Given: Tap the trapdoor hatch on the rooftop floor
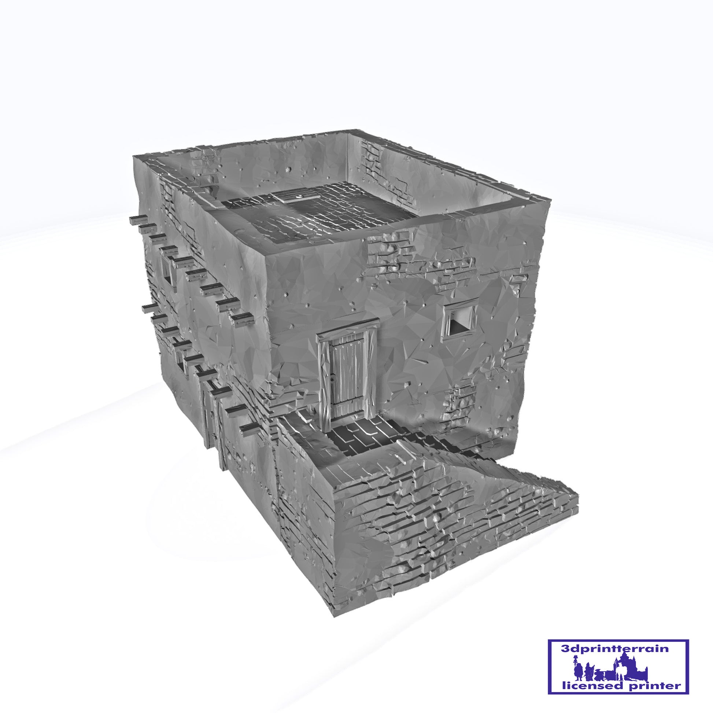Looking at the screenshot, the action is click(x=298, y=197).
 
